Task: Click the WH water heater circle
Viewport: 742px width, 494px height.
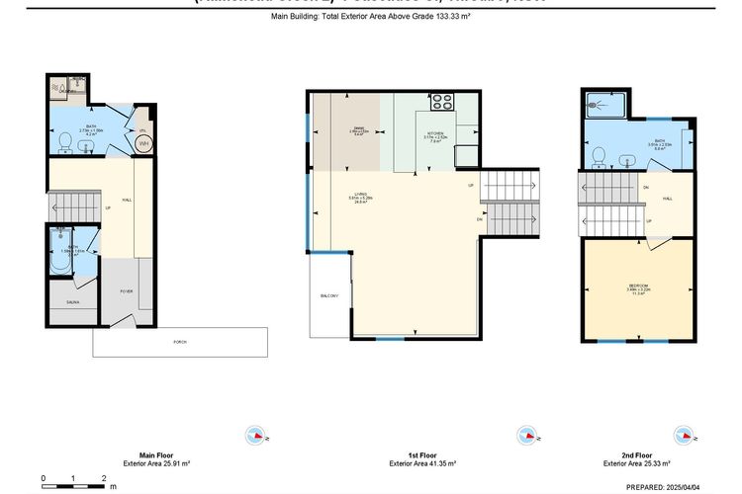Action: (144, 143)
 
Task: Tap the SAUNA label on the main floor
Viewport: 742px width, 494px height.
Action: (72, 302)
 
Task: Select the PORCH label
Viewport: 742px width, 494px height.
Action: (180, 342)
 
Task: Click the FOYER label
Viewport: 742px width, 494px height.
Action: (127, 291)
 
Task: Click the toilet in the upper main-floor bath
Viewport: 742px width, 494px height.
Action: (65, 144)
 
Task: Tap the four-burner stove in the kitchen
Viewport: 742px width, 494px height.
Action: (441, 102)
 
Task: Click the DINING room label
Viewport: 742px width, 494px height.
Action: (359, 131)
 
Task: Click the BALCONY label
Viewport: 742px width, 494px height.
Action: (329, 296)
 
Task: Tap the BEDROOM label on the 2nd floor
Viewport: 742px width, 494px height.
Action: (638, 289)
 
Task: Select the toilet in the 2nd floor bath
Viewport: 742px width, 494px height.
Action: (600, 156)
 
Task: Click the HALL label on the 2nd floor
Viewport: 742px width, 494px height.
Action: (668, 199)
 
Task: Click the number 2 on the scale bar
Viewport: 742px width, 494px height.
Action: (104, 478)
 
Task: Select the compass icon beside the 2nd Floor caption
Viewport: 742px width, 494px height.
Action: (682, 435)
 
